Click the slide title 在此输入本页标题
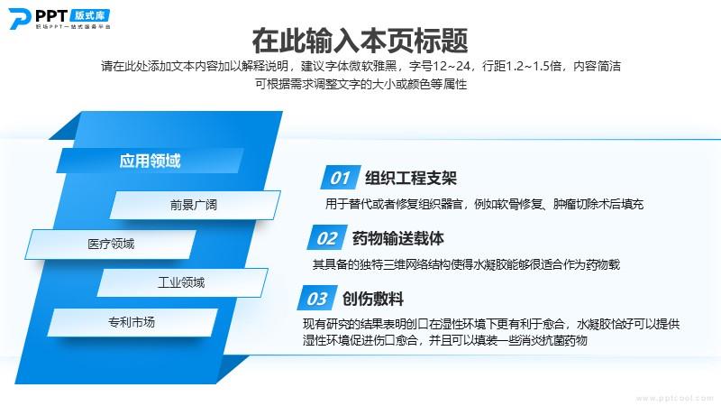(x=360, y=41)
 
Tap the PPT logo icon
(x=19, y=18)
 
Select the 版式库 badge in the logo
(x=90, y=15)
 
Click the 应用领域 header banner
(x=150, y=161)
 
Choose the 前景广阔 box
(x=195, y=205)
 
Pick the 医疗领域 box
(x=111, y=244)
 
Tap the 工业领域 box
(x=182, y=282)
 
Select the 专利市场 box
(x=132, y=322)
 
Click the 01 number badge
(x=341, y=177)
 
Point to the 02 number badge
(x=327, y=238)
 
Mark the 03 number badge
(x=317, y=299)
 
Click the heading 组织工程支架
(x=411, y=178)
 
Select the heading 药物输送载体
(x=398, y=238)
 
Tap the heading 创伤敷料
(x=373, y=300)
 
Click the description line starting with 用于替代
(x=484, y=204)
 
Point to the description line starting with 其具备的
(x=466, y=264)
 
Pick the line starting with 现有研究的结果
(x=491, y=324)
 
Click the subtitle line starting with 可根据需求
(x=361, y=84)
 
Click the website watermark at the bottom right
(x=674, y=398)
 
